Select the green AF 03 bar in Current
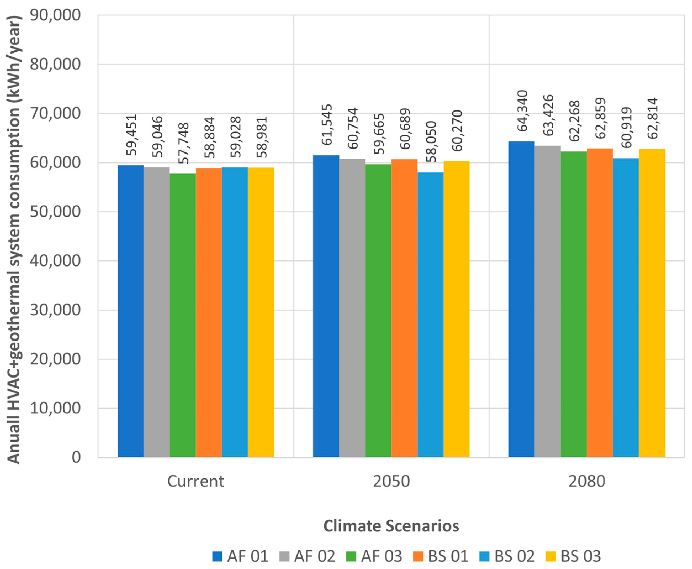183,315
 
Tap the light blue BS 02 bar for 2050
430,314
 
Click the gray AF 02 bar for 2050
352,308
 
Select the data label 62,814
652,118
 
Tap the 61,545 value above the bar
326,125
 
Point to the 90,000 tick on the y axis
55,15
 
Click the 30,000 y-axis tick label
55,310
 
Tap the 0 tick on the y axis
76,457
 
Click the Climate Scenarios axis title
391,526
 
